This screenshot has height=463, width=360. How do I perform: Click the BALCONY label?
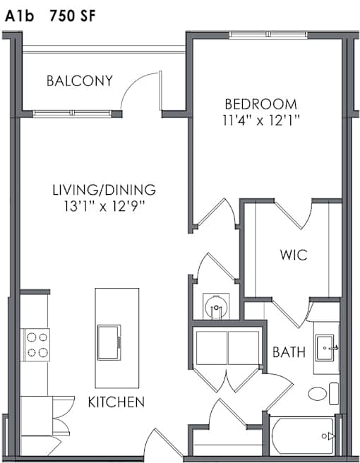coord(80,81)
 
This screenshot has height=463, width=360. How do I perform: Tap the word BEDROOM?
coord(260,104)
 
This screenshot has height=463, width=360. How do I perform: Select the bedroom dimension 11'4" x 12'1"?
coord(261,121)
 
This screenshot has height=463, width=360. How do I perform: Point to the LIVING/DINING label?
coord(104,190)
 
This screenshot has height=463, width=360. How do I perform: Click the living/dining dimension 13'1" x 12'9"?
coord(104,206)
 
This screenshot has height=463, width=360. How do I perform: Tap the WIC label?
coord(294,255)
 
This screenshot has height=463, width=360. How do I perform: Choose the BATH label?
coord(289,352)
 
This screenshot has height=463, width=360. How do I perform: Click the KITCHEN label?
coord(116,402)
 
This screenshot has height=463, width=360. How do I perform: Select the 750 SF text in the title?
coord(73,16)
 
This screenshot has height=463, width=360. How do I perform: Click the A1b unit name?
coord(20,16)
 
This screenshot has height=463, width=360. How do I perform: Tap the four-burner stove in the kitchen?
coord(37,345)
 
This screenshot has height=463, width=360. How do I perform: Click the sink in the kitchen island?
coord(109,342)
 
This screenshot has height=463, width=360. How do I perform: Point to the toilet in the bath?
coord(323,393)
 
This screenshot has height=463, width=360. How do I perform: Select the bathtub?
coord(303,436)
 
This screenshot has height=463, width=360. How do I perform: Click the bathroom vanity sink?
coord(325,348)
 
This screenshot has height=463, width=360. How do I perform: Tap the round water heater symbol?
coord(216,306)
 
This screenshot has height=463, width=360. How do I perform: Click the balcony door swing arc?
coord(135,83)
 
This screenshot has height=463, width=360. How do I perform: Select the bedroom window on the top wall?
coord(268,35)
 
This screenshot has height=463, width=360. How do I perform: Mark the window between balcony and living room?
coord(72,113)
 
